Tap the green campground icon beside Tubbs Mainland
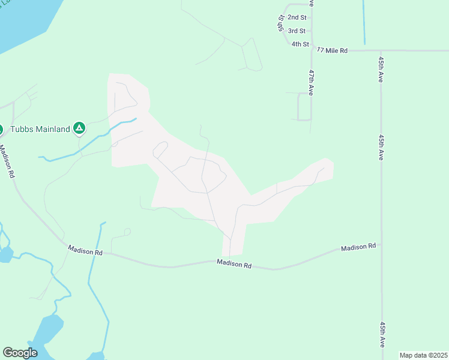(x=79, y=128)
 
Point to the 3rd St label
(x=297, y=31)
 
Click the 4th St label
(x=300, y=44)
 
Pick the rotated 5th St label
(x=280, y=23)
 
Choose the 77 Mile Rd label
(x=333, y=51)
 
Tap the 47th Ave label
(x=312, y=82)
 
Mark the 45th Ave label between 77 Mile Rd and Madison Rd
(x=381, y=146)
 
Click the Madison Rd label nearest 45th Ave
(x=358, y=247)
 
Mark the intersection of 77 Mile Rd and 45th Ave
(x=381, y=51)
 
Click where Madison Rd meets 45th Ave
(x=381, y=244)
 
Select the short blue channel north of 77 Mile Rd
(x=364, y=22)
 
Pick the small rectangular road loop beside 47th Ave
(x=304, y=107)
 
